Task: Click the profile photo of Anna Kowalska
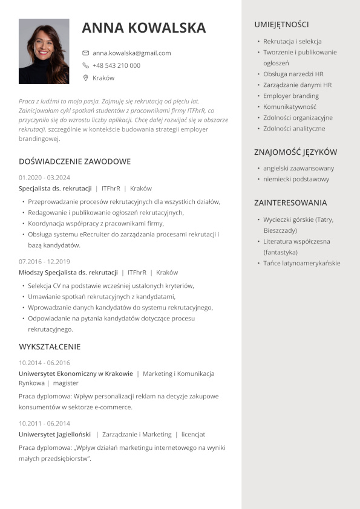(x=44, y=51)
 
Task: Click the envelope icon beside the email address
(x=86, y=53)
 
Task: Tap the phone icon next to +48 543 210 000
(x=86, y=65)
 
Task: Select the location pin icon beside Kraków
(x=86, y=78)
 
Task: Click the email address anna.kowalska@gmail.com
(x=131, y=53)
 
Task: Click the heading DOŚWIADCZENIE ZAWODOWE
(x=75, y=161)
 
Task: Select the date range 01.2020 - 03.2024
(x=44, y=178)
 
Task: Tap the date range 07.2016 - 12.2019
(x=44, y=262)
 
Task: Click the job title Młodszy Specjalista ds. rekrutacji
(x=68, y=273)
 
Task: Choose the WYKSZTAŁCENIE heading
(x=50, y=347)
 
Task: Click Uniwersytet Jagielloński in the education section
(x=55, y=434)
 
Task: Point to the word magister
(x=66, y=383)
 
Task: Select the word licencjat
(x=193, y=434)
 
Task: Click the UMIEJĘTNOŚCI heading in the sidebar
(x=281, y=25)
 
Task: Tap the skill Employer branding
(x=291, y=96)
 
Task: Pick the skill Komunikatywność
(x=290, y=107)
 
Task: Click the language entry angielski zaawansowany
(x=298, y=168)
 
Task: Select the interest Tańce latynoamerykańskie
(x=302, y=263)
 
